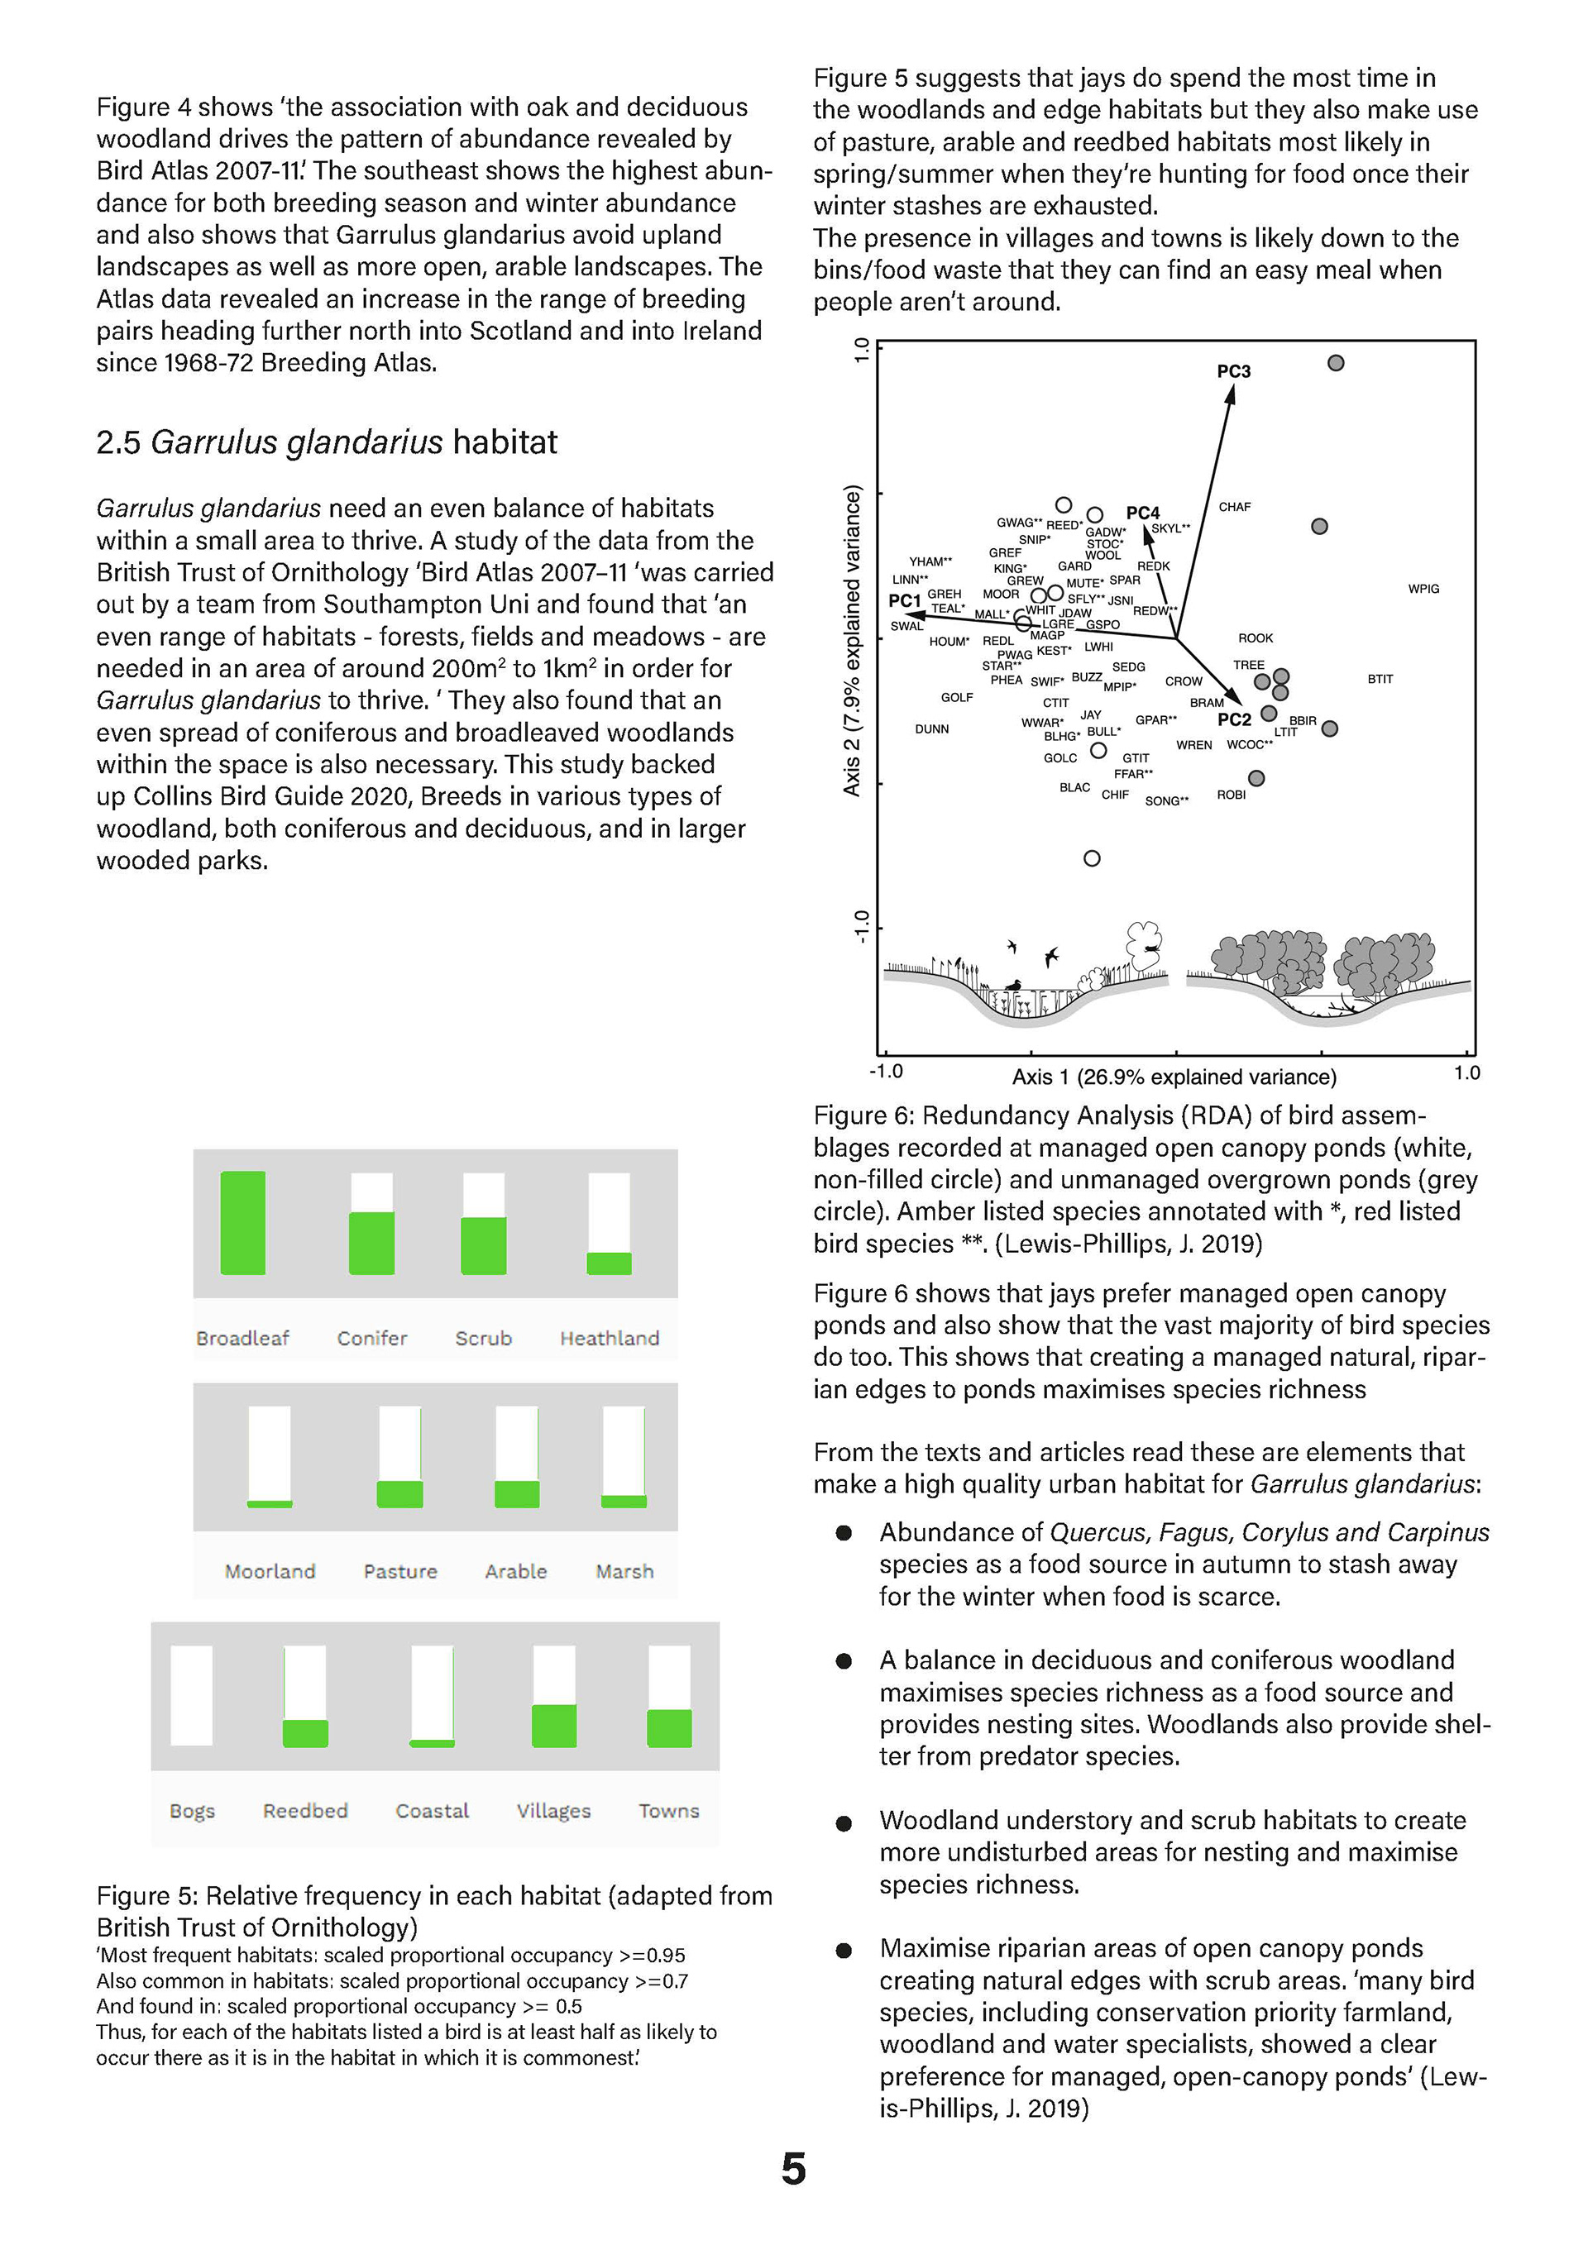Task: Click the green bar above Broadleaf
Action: click(x=243, y=1223)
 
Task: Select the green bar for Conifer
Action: click(x=371, y=1243)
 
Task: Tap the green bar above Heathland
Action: click(x=610, y=1263)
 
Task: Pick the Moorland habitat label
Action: click(x=270, y=1571)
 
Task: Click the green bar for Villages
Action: click(x=554, y=1726)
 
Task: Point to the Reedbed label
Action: click(x=305, y=1811)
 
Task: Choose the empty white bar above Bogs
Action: click(x=192, y=1695)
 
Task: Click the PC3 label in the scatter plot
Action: click(x=1233, y=371)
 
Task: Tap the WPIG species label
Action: click(x=1423, y=589)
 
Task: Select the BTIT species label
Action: click(x=1380, y=679)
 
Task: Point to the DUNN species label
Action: click(x=932, y=729)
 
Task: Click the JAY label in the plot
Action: click(x=1090, y=714)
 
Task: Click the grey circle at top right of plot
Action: click(x=1336, y=364)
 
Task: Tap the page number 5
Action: click(x=794, y=2169)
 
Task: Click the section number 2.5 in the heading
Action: click(x=118, y=443)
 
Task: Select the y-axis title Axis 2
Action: click(x=853, y=641)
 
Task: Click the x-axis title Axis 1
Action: click(x=1174, y=1077)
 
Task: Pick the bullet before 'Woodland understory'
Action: click(x=844, y=1822)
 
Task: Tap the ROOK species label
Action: click(x=1256, y=638)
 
